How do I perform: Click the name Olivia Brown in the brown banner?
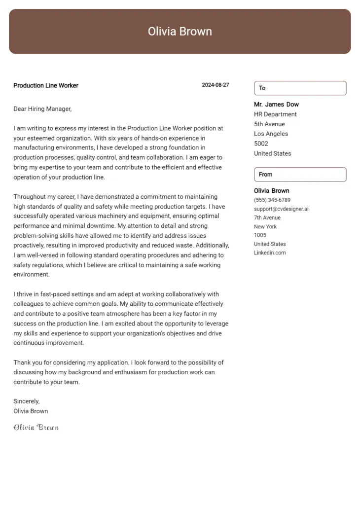180,32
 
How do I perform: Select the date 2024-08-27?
215,85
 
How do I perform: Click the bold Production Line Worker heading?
46,85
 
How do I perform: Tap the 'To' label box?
300,88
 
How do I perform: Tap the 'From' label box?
300,174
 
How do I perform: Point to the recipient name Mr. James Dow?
276,105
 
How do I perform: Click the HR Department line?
275,114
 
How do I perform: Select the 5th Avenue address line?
269,124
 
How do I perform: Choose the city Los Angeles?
271,134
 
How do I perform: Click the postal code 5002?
261,144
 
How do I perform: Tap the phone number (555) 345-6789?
272,200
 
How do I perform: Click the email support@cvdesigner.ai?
281,209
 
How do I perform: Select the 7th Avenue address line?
267,217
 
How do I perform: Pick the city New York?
265,226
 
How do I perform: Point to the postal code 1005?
260,235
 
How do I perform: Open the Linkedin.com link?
270,252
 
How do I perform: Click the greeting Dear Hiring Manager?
42,108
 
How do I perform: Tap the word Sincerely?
27,401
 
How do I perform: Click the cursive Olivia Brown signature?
36,427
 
